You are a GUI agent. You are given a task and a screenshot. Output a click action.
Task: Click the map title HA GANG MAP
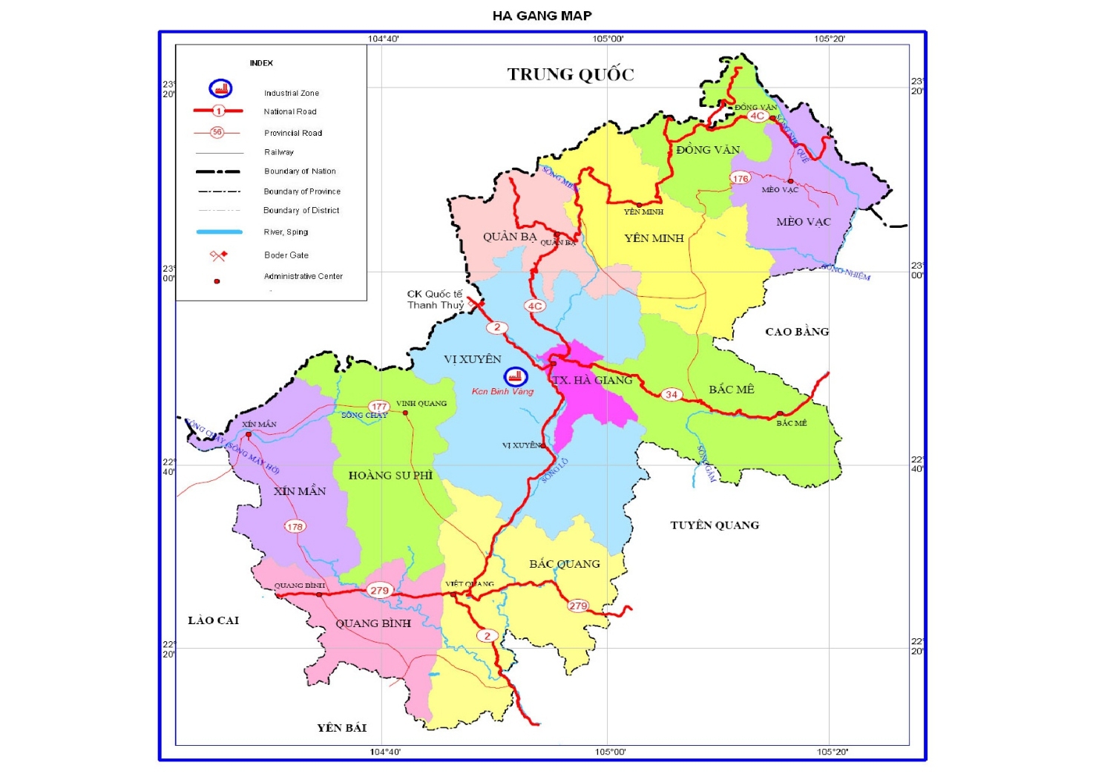[542, 16]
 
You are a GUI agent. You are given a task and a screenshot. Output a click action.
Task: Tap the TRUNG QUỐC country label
[571, 74]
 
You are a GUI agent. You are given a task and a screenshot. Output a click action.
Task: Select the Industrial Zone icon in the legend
[220, 89]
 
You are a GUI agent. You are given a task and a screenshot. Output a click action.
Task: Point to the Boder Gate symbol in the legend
[218, 255]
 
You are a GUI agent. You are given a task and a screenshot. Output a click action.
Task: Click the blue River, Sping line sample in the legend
[219, 232]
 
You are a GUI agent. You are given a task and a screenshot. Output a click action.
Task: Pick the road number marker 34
[672, 395]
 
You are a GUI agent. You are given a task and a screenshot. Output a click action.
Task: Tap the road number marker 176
[741, 178]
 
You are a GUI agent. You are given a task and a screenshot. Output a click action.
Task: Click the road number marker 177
[379, 406]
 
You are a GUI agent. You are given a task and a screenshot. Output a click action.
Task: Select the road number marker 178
[295, 527]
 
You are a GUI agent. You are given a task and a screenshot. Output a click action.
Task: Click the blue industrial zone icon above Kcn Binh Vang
[515, 377]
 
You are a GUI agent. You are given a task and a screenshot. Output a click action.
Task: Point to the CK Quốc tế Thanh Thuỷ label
[435, 300]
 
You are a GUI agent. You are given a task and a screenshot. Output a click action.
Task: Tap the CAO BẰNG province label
[797, 332]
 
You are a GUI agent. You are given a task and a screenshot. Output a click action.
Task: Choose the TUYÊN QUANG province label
[715, 525]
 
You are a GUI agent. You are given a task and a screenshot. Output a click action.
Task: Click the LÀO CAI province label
[213, 620]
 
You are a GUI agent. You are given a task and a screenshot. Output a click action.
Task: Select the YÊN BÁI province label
[341, 728]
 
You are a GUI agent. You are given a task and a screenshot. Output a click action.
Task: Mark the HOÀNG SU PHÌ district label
[390, 476]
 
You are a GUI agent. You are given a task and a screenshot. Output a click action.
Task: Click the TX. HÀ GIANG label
[592, 380]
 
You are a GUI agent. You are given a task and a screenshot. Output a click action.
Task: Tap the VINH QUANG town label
[421, 404]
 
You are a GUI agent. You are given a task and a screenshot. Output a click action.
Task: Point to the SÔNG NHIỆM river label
[846, 272]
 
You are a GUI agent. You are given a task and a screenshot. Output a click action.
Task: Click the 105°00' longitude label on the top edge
[608, 39]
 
